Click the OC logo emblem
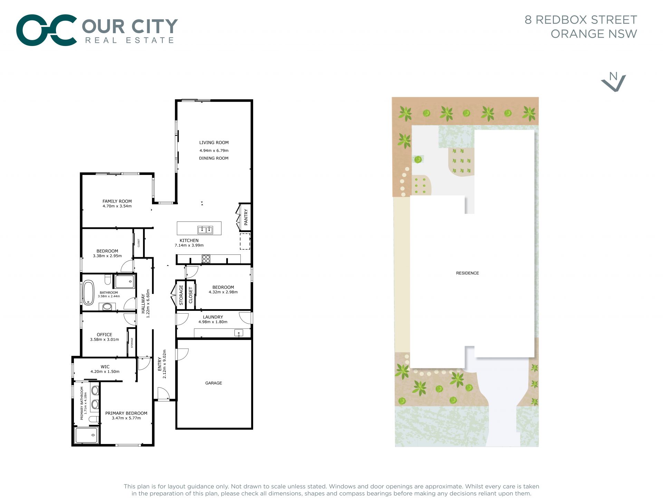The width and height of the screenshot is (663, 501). [x=47, y=30]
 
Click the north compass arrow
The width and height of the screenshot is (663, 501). [x=613, y=82]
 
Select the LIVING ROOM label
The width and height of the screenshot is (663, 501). [x=214, y=142]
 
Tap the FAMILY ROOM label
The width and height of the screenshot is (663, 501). [x=117, y=201]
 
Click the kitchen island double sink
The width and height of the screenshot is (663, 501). [x=205, y=230]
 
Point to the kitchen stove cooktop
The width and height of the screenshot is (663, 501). [x=206, y=259]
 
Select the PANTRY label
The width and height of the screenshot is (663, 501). [x=246, y=217]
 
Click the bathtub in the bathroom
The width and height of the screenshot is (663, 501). [x=88, y=293]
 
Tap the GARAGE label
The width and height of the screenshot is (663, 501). [x=214, y=383]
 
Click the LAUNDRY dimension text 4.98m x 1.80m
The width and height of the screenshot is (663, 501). [x=213, y=322]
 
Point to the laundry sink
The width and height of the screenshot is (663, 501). [x=239, y=333]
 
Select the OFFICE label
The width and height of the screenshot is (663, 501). [x=105, y=335]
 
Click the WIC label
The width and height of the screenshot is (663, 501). [x=105, y=367]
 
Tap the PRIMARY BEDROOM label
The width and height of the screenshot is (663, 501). [x=126, y=413]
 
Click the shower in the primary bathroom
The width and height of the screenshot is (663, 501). [x=87, y=435]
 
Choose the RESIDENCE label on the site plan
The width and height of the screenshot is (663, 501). [x=468, y=273]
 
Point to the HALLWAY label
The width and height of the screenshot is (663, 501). [x=143, y=304]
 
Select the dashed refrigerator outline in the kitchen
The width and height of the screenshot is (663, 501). [x=245, y=241]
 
